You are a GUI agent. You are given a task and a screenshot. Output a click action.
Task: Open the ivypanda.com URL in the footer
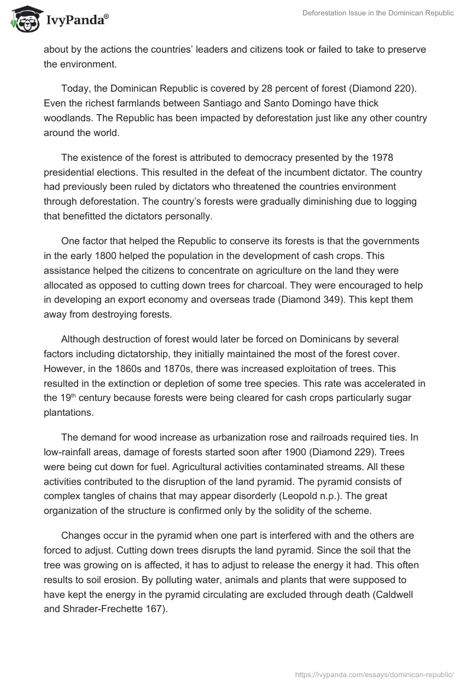[374, 674]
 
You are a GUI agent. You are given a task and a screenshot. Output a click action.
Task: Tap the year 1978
[382, 158]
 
